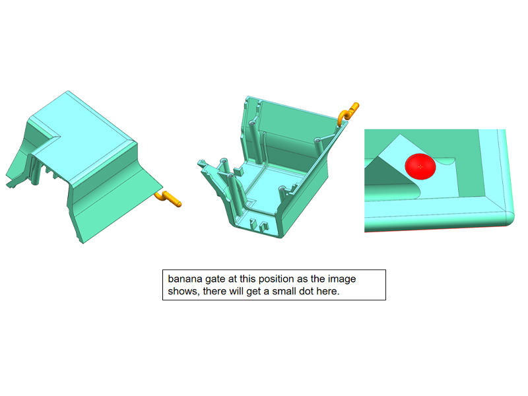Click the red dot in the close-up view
coord(420,166)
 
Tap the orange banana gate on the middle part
coord(348,113)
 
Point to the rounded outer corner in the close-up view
coord(508,218)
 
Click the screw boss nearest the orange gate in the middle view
coord(317,141)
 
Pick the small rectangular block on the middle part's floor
coord(239,171)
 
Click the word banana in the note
coord(185,279)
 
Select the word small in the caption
coord(284,291)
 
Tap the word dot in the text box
coord(306,291)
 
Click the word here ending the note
coord(327,291)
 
